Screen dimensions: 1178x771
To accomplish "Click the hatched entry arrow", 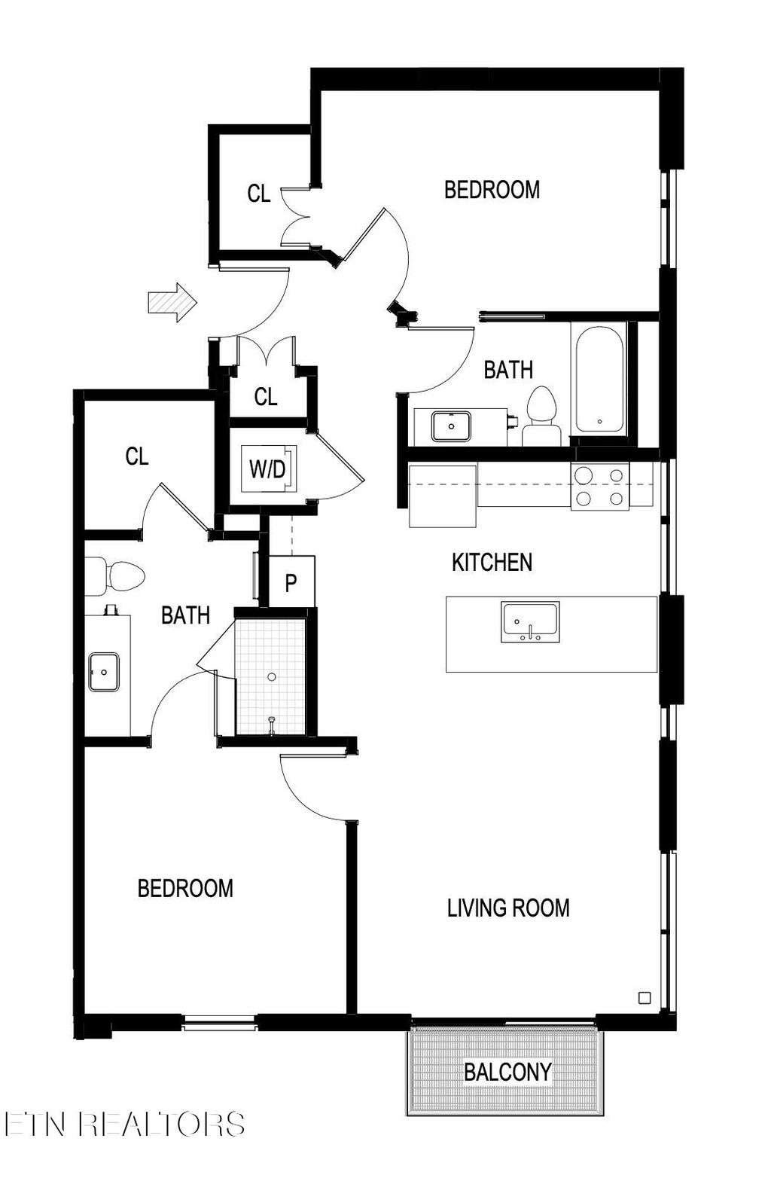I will point(172,303).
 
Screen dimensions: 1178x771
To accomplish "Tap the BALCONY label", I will point(507,1071).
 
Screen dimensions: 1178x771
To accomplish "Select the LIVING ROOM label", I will point(508,908).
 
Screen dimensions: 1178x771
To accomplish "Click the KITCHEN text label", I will point(492,562).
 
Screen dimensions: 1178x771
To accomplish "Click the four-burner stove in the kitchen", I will point(599,487).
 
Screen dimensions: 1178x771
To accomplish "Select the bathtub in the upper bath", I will point(599,379).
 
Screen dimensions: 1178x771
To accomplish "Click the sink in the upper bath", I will point(451,426).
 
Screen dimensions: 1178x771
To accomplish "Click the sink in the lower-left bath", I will point(103,672).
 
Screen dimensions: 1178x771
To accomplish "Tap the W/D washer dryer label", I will point(267,470).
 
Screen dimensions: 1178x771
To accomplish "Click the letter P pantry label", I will point(291,582).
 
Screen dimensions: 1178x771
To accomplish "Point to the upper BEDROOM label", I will point(492,189).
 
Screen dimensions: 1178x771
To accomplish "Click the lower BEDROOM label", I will point(185,888).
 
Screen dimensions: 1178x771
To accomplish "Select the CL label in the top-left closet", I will point(258,194).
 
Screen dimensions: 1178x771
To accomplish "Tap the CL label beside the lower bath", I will point(137,456).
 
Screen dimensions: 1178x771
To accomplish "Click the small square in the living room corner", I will point(644,998).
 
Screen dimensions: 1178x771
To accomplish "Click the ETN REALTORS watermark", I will point(124,1124).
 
